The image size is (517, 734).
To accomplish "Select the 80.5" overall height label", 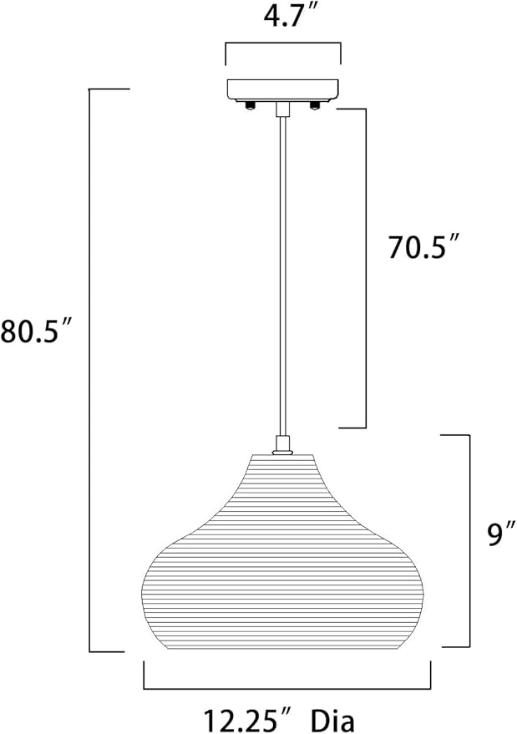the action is [x=36, y=331].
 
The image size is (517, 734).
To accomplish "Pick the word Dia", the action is [x=333, y=720].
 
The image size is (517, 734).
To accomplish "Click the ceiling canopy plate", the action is [x=283, y=90].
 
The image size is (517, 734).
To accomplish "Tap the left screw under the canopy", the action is [x=250, y=105].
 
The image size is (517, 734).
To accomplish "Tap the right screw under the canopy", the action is [x=315, y=105].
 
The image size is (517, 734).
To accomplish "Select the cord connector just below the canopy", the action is [x=282, y=109].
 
